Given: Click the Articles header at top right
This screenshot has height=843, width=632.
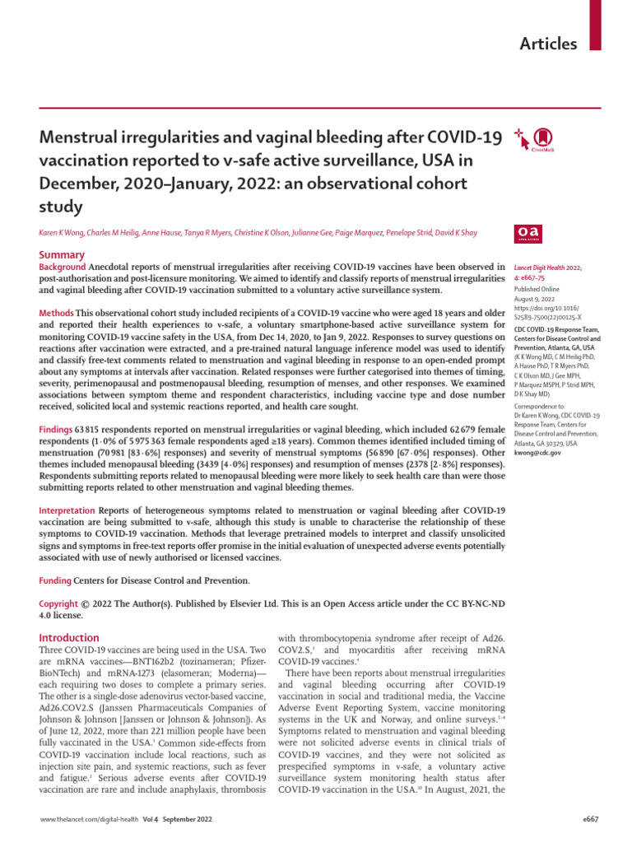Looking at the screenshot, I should (548, 44).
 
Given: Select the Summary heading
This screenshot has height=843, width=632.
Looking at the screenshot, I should (62, 255).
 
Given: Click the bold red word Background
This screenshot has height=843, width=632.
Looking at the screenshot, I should (63, 268).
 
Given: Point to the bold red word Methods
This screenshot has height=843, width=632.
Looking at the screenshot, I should (57, 314).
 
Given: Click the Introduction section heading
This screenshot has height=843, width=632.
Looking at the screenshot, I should (69, 637).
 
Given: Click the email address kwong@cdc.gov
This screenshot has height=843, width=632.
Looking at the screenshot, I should (537, 453).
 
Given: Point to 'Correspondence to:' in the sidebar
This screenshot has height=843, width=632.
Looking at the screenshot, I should (541, 407).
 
